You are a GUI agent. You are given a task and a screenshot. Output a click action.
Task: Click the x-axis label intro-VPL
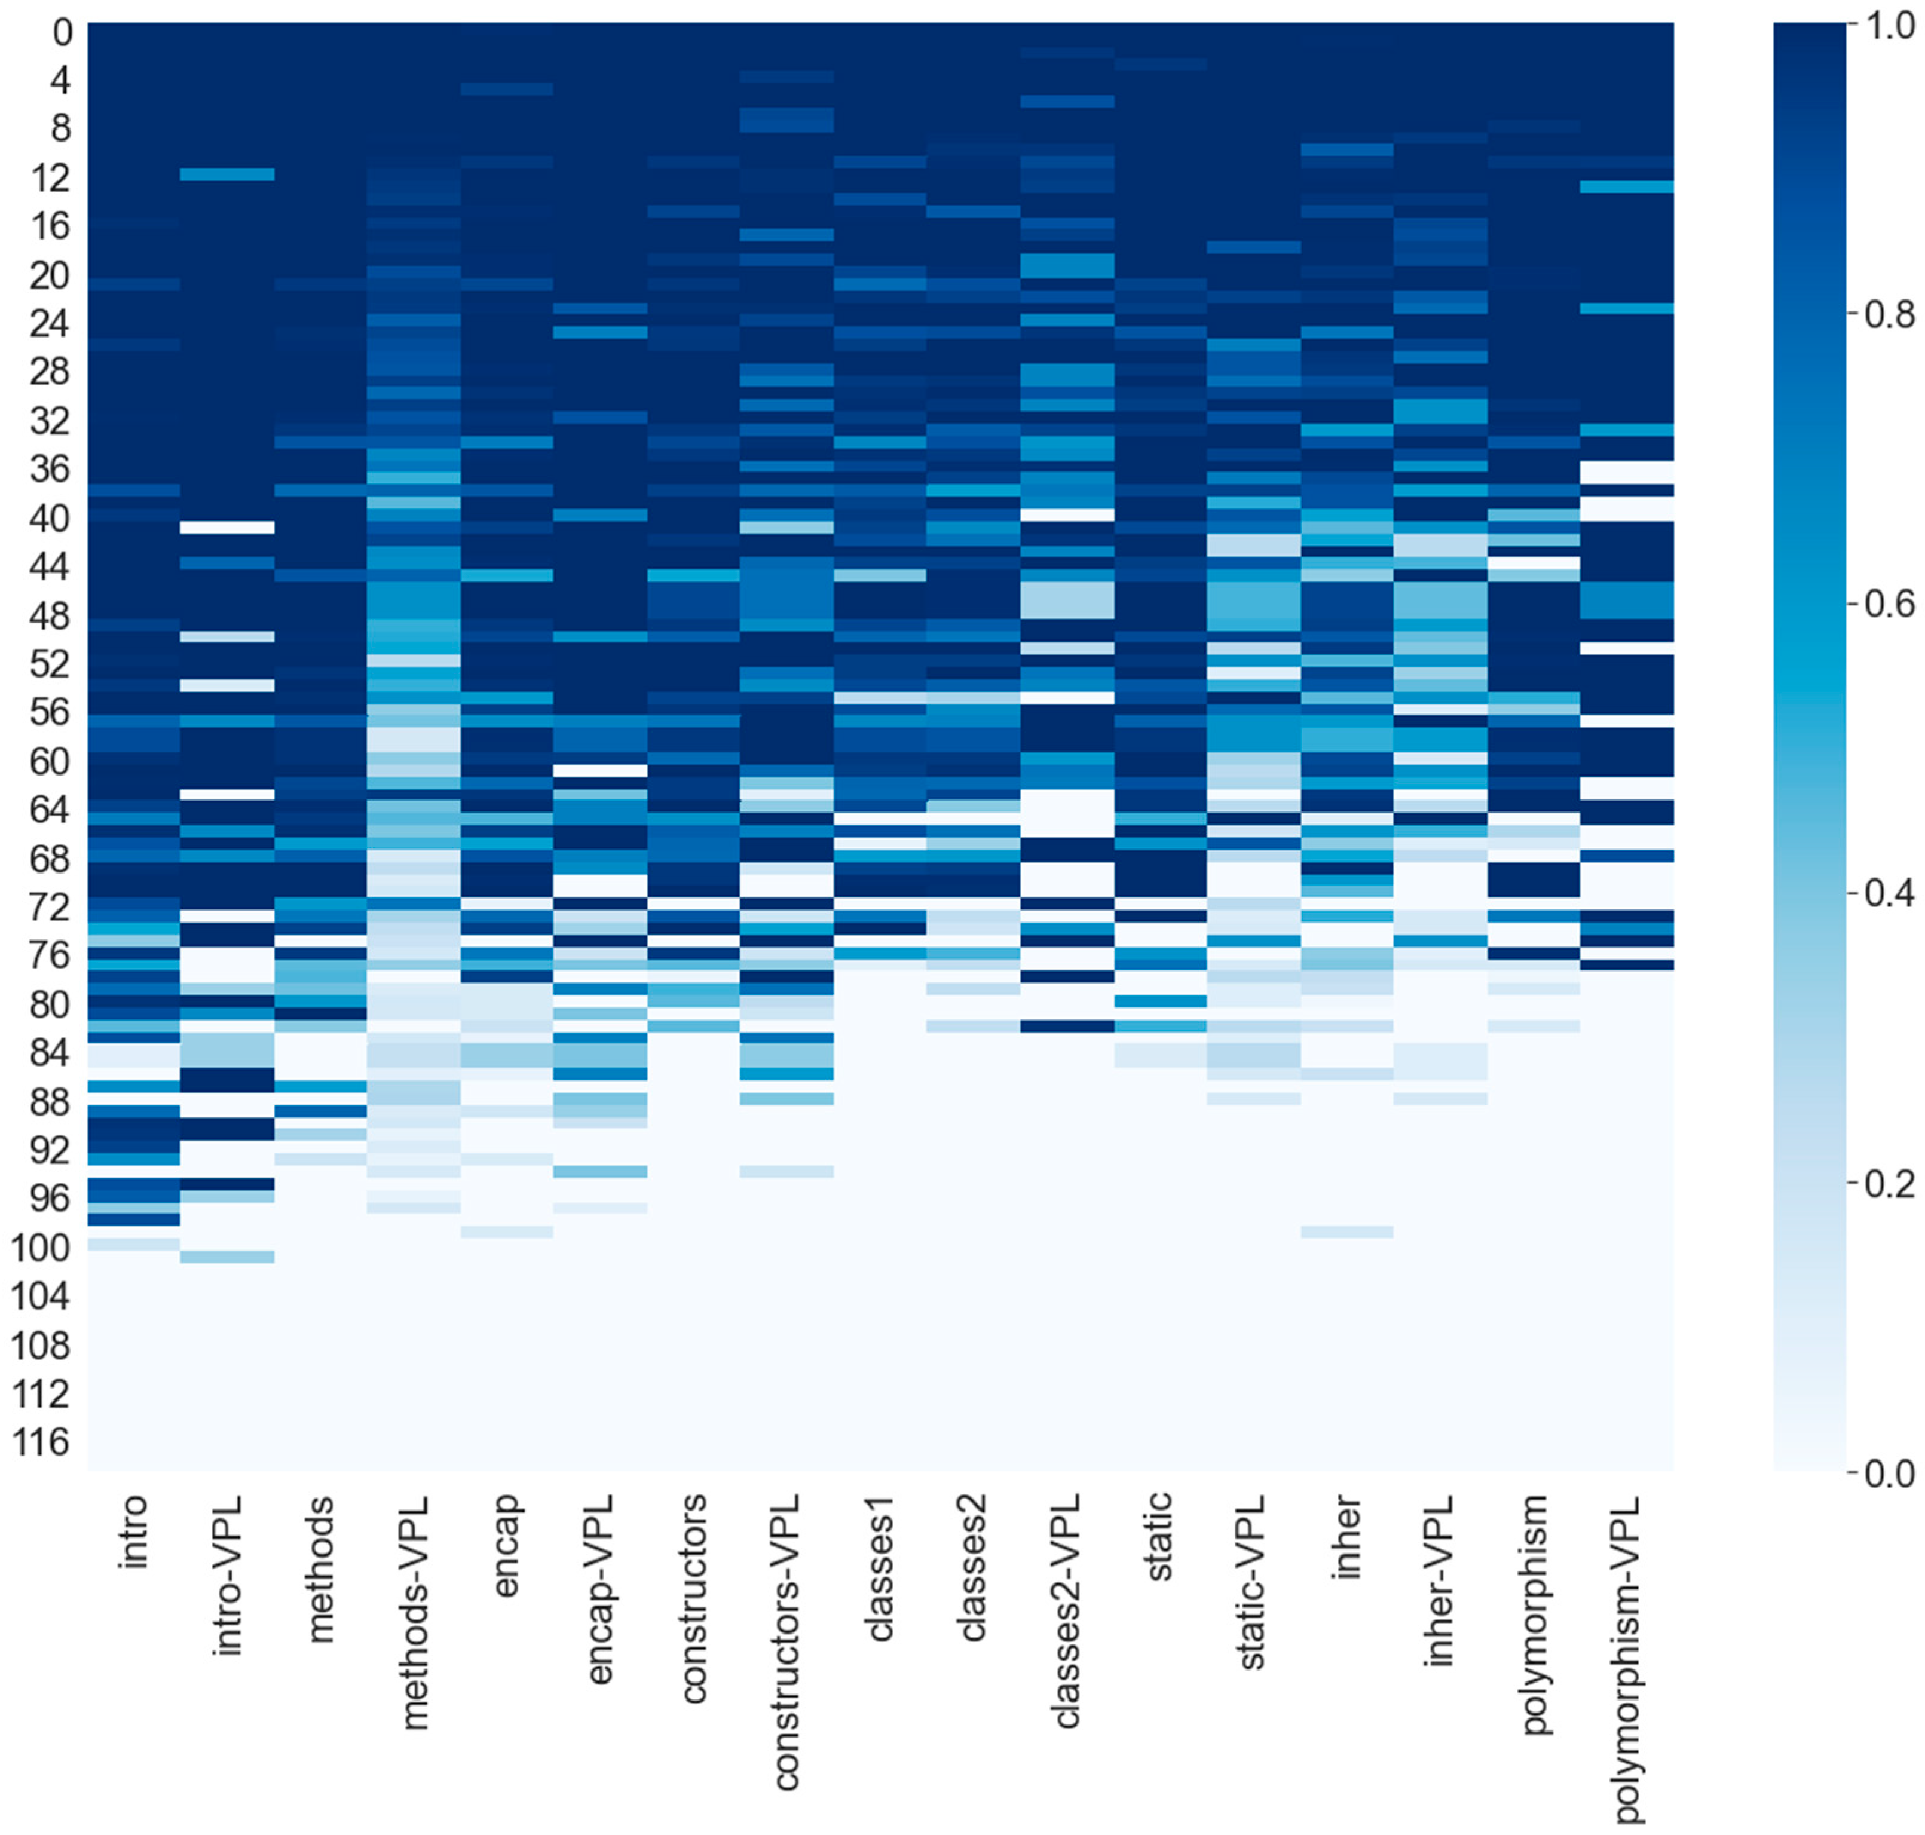coord(228,1575)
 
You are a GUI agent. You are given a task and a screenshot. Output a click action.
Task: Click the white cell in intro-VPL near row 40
coord(228,527)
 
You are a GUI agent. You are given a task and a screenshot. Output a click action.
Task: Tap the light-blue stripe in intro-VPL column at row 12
coord(228,174)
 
